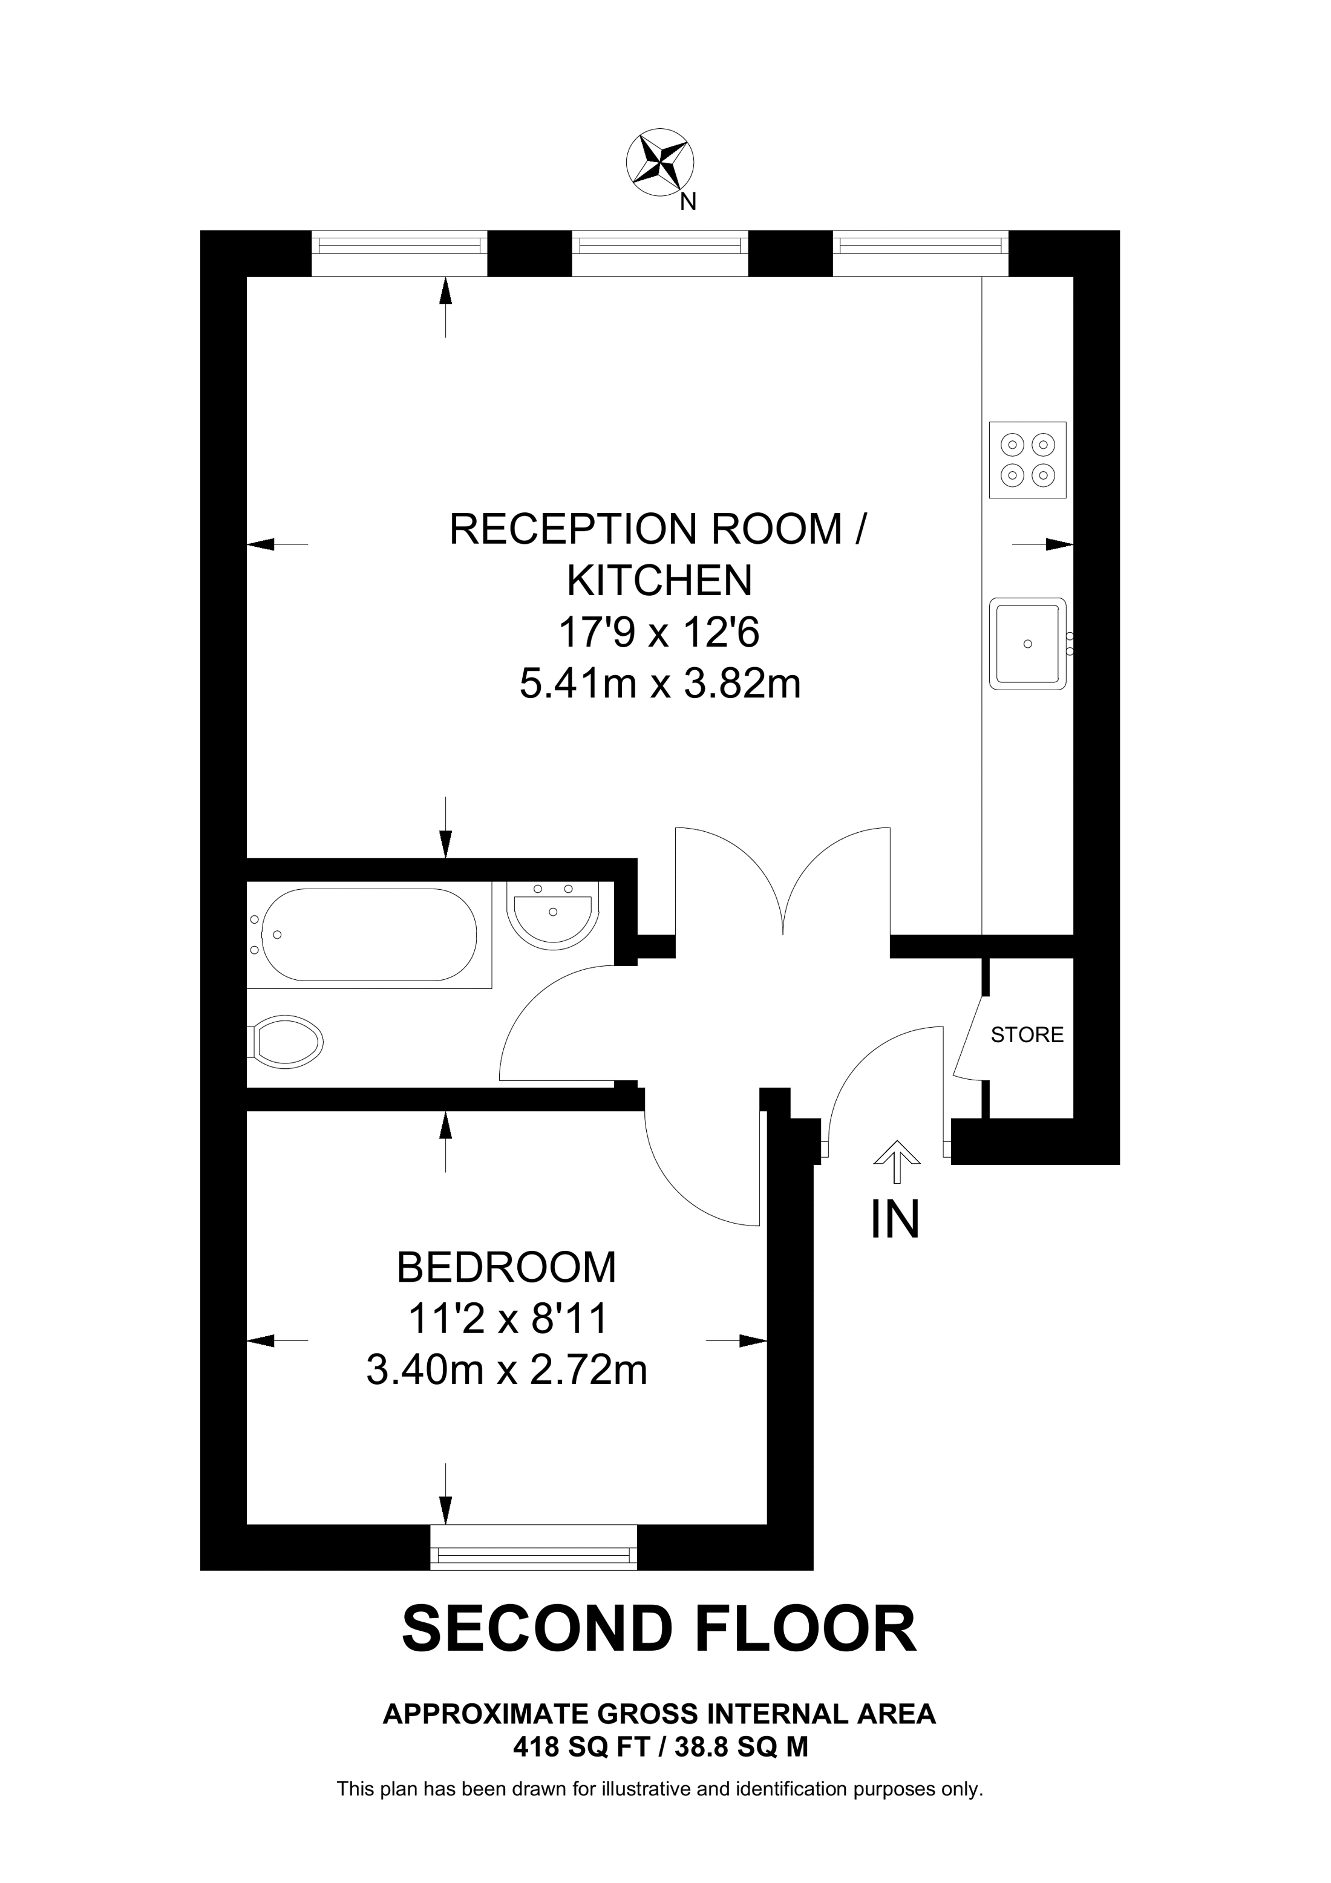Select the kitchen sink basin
1027,643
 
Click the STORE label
1027,1035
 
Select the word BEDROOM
506,1267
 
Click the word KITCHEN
659,581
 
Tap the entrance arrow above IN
897,1159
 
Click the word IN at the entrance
895,1219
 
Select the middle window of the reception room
660,253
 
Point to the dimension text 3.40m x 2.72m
506,1371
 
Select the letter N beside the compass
688,202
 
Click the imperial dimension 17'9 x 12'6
659,632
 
